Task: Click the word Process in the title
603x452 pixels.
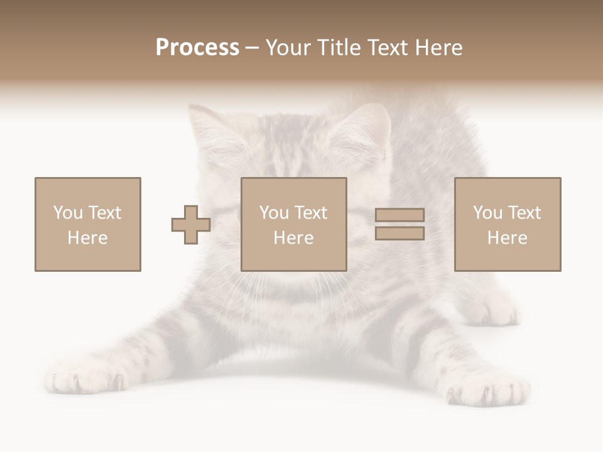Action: click(197, 48)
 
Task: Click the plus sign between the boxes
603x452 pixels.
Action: click(191, 225)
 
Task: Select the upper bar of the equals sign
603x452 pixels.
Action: click(399, 215)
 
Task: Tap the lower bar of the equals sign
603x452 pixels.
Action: click(399, 234)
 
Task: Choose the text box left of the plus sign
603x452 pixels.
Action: click(88, 224)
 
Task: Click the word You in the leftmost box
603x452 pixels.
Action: click(68, 213)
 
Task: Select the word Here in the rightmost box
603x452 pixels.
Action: click(508, 238)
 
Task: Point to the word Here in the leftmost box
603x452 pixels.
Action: click(88, 238)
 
